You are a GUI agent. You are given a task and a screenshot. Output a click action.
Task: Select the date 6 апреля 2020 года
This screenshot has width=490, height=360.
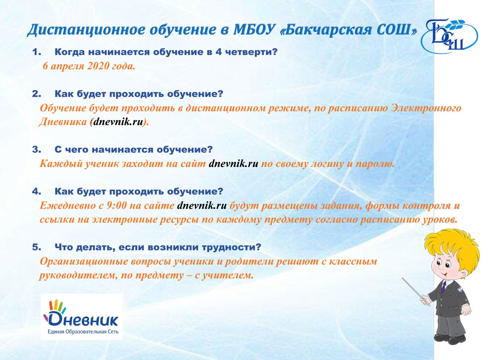[89, 66]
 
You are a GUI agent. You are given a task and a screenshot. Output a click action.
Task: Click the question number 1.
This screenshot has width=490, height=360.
[37, 52]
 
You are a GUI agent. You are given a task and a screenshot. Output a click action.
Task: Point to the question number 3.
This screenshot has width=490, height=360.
[37, 150]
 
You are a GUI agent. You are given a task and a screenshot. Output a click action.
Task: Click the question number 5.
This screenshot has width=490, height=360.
[37, 247]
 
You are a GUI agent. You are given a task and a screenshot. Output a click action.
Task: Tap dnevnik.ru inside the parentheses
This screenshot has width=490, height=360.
[118, 122]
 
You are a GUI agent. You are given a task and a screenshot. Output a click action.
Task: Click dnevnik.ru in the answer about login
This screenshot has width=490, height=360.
[233, 164]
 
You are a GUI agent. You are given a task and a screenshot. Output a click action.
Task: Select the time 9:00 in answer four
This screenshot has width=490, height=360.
[117, 206]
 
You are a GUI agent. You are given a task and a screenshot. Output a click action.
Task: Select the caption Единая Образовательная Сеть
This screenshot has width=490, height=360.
[83, 332]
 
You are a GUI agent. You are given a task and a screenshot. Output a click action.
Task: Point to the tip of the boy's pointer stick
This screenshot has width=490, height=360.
[402, 278]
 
